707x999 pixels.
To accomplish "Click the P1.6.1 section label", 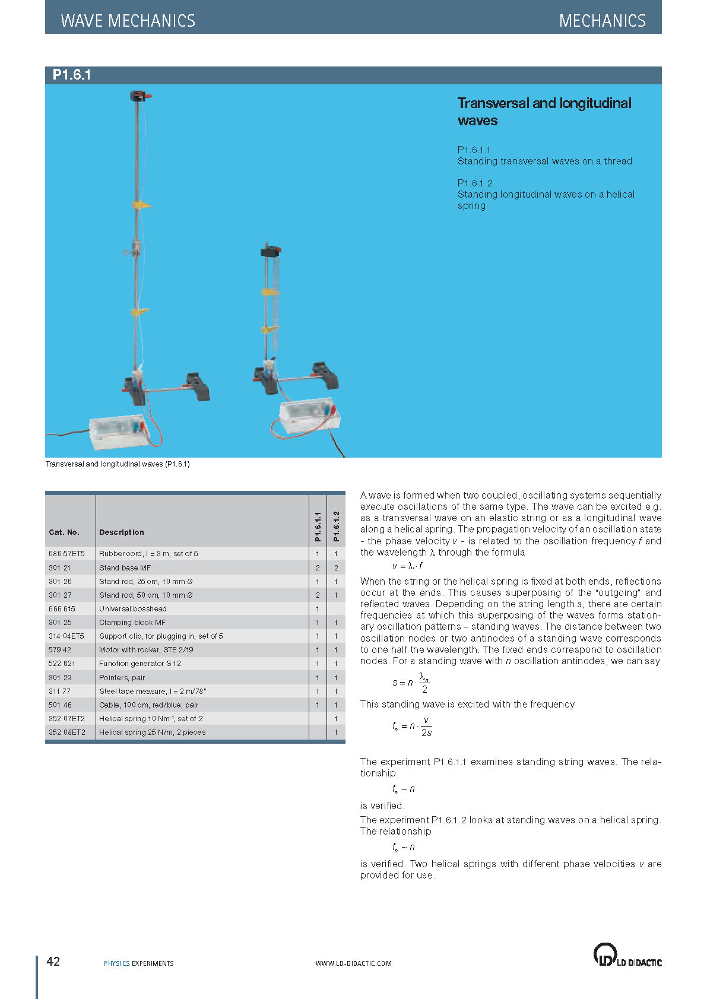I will (x=72, y=75).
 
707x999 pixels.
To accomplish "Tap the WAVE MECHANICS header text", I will (x=128, y=21).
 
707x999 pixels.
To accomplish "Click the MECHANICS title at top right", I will (x=602, y=21).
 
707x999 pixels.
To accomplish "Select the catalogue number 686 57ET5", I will (x=66, y=553).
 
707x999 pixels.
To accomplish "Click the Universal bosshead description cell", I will (x=133, y=608).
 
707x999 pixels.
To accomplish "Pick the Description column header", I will (x=122, y=532).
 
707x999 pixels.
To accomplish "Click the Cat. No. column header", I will (x=64, y=532).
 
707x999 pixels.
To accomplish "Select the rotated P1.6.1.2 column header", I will (x=336, y=526).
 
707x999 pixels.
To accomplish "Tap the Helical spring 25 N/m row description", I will (x=153, y=732).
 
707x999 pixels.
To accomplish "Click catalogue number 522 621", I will (x=62, y=664).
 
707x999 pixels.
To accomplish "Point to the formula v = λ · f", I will (x=407, y=566).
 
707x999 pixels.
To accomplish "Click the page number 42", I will (x=53, y=962).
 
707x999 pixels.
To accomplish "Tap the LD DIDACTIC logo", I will (x=627, y=955).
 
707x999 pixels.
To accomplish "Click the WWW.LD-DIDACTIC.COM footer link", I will (x=354, y=963).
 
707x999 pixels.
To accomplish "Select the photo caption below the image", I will (x=118, y=464).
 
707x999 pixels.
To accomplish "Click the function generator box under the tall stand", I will (x=118, y=432).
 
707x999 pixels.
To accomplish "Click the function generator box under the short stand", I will (x=309, y=414).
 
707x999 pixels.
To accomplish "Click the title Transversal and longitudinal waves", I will (x=544, y=112).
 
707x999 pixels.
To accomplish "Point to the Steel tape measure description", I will (x=153, y=691).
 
